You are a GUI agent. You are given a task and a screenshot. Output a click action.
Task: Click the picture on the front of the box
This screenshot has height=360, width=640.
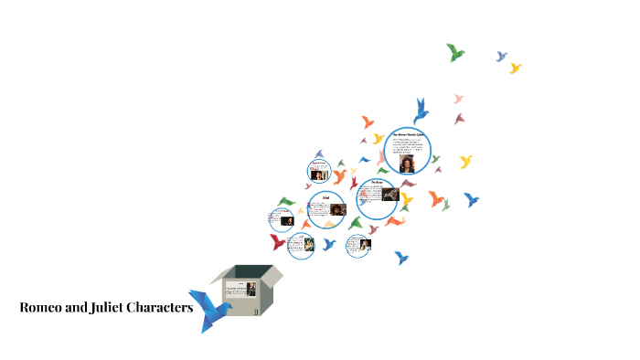(250, 289)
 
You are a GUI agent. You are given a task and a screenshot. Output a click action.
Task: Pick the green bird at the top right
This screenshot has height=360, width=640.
(454, 52)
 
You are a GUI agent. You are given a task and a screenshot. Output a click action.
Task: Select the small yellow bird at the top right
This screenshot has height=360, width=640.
(515, 68)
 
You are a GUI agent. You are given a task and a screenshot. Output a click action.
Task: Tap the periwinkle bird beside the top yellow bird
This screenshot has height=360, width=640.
(501, 57)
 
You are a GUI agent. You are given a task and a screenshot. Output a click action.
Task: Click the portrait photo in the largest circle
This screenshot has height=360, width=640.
(406, 161)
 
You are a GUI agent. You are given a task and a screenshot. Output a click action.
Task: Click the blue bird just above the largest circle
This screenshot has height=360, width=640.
(421, 110)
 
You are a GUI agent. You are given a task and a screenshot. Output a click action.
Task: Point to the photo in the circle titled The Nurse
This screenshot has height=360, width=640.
(388, 195)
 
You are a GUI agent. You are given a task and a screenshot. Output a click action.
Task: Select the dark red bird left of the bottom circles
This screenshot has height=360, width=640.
(278, 242)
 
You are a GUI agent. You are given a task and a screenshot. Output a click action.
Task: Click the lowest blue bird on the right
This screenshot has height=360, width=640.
(400, 258)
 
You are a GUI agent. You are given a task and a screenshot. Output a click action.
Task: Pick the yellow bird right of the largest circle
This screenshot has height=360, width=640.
(465, 162)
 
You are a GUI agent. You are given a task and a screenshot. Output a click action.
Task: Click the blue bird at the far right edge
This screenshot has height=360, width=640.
(471, 199)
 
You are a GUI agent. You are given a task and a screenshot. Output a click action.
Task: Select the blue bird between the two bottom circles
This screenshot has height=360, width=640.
(329, 244)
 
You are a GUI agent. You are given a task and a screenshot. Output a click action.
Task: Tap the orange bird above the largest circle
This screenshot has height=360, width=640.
(368, 121)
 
